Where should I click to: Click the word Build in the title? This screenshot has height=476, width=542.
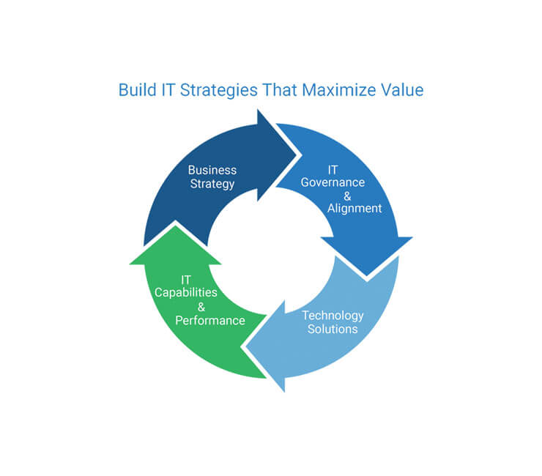[x=137, y=90]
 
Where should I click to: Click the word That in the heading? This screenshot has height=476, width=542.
[x=280, y=90]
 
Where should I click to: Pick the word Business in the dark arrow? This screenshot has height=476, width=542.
[x=212, y=170]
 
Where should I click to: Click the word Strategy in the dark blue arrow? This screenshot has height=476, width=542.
[x=212, y=185]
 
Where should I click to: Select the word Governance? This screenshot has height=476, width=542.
[x=333, y=182]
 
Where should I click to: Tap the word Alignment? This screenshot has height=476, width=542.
[x=354, y=209]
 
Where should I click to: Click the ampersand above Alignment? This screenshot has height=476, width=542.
[x=347, y=196]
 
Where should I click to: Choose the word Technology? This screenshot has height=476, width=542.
[x=333, y=316]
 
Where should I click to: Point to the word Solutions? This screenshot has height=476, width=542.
[x=333, y=329]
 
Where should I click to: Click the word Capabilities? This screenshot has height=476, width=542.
[x=185, y=293]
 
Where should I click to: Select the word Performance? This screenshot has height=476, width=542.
[x=210, y=321]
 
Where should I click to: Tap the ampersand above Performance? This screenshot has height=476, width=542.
[x=201, y=307]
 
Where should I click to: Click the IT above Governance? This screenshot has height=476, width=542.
[x=333, y=170]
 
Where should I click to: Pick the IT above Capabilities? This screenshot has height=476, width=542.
[x=185, y=280]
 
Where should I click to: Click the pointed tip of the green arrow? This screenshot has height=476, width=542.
[x=175, y=226]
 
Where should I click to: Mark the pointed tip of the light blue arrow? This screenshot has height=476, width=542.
[x=246, y=346]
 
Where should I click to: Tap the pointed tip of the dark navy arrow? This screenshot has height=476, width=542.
[x=297, y=155]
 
